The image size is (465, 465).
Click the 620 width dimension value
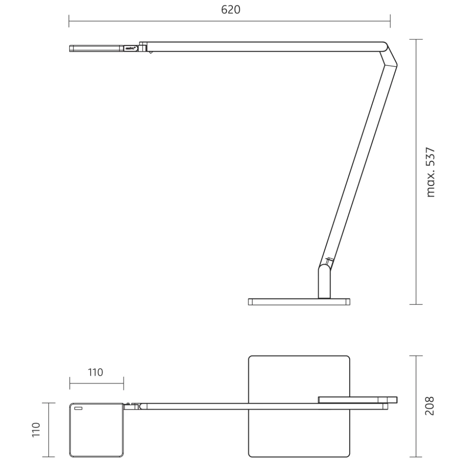point(230,10)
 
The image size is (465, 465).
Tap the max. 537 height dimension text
point(430,172)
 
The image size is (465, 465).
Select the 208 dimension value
point(430,406)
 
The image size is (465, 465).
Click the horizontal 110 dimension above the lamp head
point(95,372)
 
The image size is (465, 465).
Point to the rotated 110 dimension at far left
point(36,430)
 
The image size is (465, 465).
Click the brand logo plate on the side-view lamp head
point(131,48)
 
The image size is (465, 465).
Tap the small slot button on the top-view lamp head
point(78,408)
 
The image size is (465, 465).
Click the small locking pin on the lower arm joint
point(329,261)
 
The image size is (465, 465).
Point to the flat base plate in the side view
point(299,302)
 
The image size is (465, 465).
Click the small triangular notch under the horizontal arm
point(150,53)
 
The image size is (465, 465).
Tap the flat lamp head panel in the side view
point(96,48)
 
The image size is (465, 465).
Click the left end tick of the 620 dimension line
point(69,21)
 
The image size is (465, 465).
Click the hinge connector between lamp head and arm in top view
point(131,407)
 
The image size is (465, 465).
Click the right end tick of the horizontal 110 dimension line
point(123,383)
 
